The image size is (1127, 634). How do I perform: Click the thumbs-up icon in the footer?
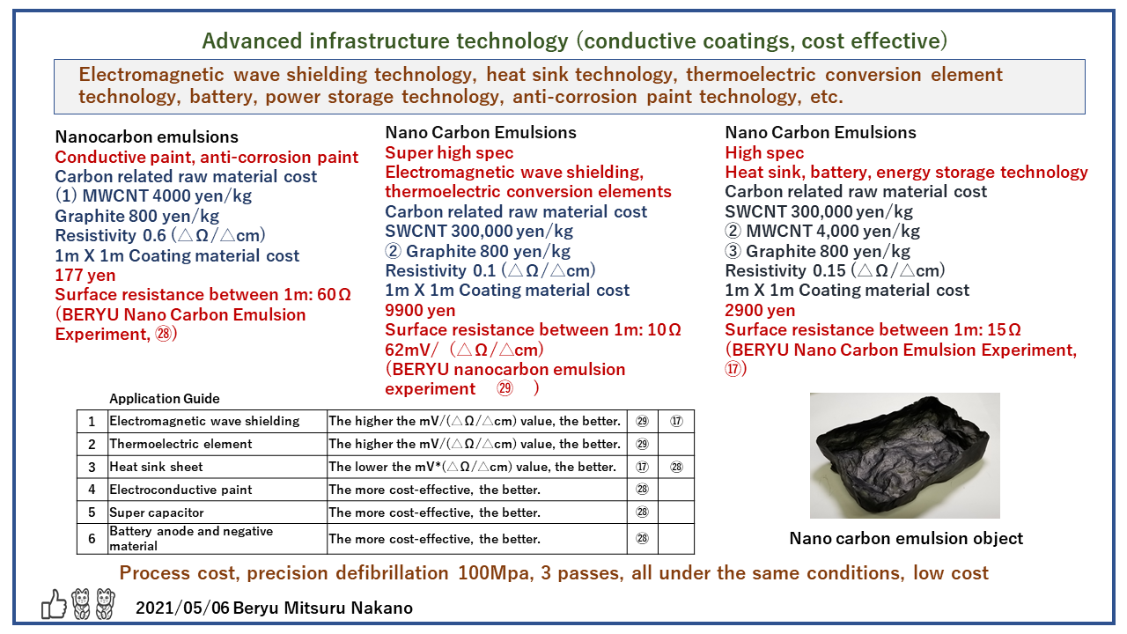tap(55, 604)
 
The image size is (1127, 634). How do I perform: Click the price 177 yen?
tap(85, 276)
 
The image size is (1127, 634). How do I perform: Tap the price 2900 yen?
tap(760, 310)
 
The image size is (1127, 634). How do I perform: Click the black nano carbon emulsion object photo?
tap(904, 456)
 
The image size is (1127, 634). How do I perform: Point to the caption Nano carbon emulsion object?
tap(906, 538)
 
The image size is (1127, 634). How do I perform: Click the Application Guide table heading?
tap(165, 399)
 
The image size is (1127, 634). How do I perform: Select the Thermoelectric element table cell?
tap(180, 444)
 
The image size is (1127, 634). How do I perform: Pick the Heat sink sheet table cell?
tap(156, 467)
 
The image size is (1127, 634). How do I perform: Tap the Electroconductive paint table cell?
tap(180, 490)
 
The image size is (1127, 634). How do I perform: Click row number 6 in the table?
tap(92, 538)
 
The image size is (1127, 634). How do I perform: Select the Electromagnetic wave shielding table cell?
tap(204, 421)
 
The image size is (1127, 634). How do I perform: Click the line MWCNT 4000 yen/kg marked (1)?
tap(153, 195)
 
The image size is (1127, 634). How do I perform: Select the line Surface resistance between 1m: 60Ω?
tap(203, 295)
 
